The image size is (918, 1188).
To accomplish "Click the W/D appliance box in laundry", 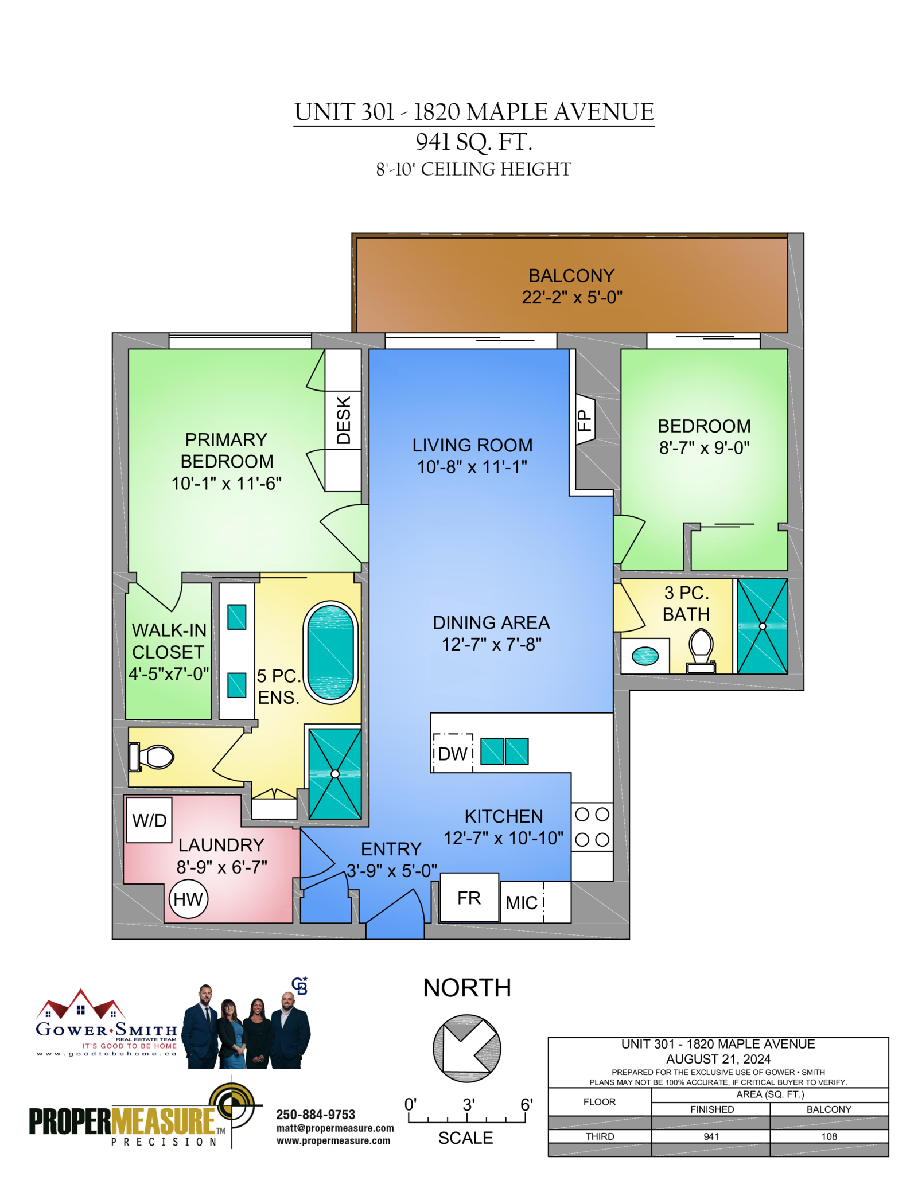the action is (149, 819).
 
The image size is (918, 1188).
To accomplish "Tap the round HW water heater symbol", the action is (188, 899).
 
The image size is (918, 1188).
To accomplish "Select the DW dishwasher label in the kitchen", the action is (453, 753).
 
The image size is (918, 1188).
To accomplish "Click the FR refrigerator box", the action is (469, 898).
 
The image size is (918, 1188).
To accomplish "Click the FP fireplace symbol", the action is (585, 419).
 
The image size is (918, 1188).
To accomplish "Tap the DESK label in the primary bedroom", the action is (344, 420).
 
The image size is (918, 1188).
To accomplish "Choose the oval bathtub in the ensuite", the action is (331, 652).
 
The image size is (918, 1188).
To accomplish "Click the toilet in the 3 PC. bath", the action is (701, 651).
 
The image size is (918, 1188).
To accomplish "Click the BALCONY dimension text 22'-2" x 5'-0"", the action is (571, 297).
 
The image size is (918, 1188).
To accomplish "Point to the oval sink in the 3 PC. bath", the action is (645, 655).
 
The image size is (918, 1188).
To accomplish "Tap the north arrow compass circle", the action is (467, 1048).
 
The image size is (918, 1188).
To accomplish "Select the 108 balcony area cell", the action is (829, 1136).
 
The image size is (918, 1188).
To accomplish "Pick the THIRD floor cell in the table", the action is (600, 1136).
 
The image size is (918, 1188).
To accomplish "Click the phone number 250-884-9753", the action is (316, 1115).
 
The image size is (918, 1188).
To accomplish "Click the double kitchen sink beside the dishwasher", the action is (504, 751).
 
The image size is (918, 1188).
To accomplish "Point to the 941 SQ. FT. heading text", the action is (474, 142).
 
